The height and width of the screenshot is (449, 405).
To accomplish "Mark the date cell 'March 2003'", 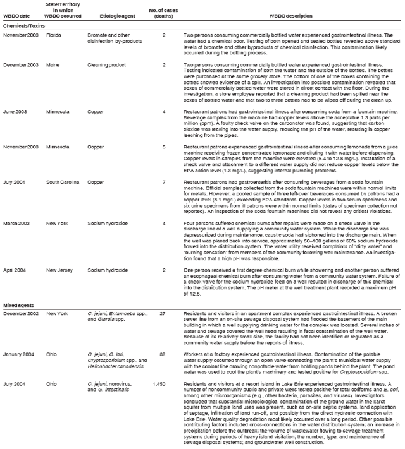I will pyautogui.click(x=16, y=222).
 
